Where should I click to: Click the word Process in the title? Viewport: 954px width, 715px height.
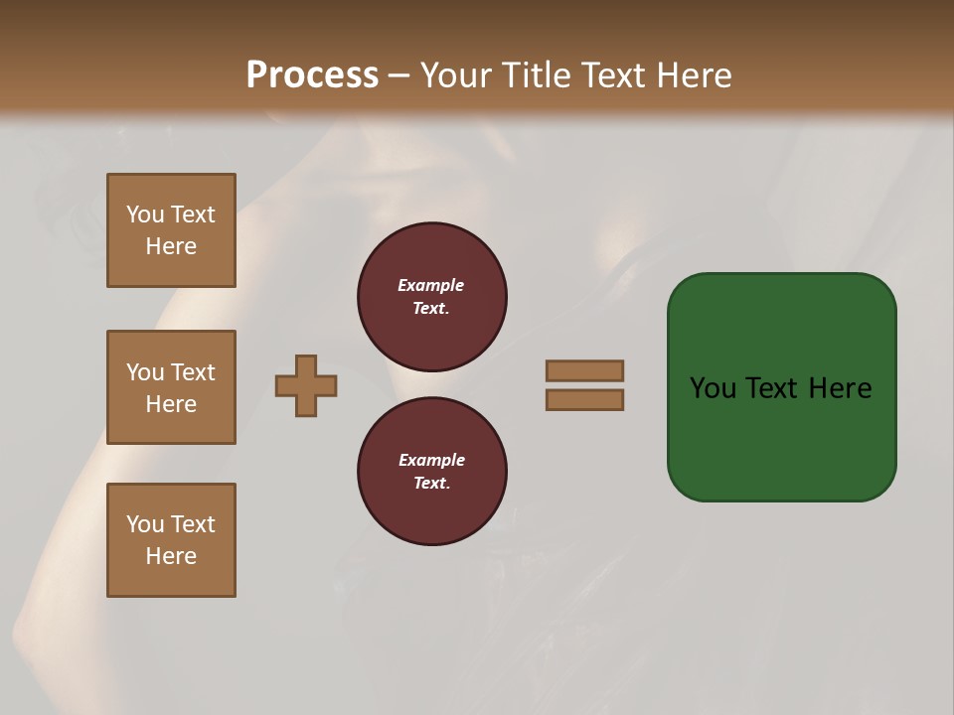tap(312, 75)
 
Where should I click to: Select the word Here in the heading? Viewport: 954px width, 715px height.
tap(693, 75)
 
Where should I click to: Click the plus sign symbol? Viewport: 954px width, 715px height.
tap(306, 385)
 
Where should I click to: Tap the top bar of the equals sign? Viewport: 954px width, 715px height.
tap(584, 370)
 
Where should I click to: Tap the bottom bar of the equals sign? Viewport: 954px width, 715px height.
tap(584, 400)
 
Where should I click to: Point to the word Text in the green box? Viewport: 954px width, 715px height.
tap(772, 388)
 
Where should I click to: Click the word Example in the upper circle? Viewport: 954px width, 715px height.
tap(431, 285)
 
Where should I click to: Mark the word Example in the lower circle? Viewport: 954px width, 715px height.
tap(431, 460)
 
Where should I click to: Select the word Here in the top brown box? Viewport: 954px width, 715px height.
tap(171, 246)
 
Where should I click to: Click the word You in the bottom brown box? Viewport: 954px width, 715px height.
tap(145, 524)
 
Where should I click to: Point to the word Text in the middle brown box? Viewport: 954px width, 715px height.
tap(192, 372)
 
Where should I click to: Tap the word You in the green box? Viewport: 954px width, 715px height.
tap(713, 388)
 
